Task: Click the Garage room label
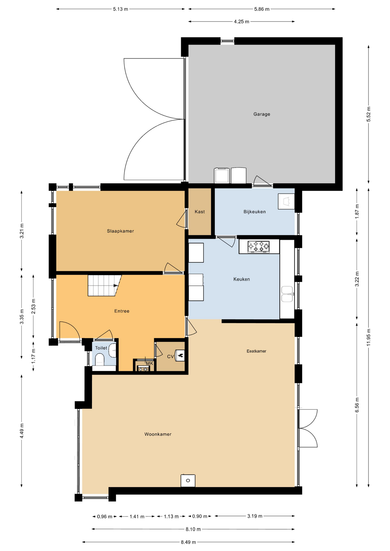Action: pyautogui.click(x=262, y=114)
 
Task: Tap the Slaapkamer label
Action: pyautogui.click(x=120, y=231)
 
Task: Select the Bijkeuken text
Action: pyautogui.click(x=254, y=212)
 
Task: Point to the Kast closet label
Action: pyautogui.click(x=200, y=212)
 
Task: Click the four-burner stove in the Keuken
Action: pyautogui.click(x=258, y=247)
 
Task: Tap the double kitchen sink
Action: pyautogui.click(x=287, y=294)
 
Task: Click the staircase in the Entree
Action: pyautogui.click(x=104, y=285)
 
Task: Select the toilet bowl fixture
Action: pyautogui.click(x=100, y=360)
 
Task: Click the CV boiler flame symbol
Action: pyautogui.click(x=180, y=356)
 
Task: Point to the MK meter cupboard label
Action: pyautogui.click(x=150, y=363)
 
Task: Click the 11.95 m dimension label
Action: pyautogui.click(x=369, y=337)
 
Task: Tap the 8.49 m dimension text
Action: pyautogui.click(x=188, y=542)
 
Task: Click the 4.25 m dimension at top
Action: pyautogui.click(x=242, y=22)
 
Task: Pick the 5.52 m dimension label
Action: pyautogui.click(x=369, y=114)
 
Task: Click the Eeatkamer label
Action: pyautogui.click(x=256, y=351)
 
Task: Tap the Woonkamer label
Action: pyautogui.click(x=158, y=434)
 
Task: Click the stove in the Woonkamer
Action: pyautogui.click(x=188, y=480)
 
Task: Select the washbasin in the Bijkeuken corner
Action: pyautogui.click(x=286, y=201)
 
